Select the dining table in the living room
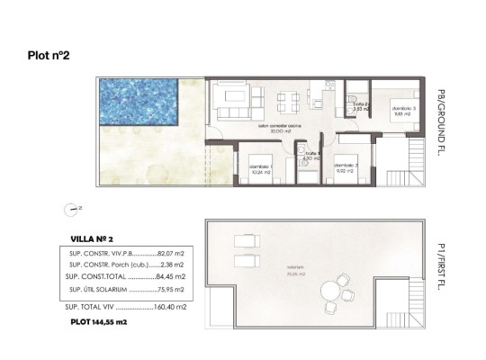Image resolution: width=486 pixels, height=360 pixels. coord(288,99)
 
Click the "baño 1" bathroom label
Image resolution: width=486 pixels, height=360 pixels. coord(311,155)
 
